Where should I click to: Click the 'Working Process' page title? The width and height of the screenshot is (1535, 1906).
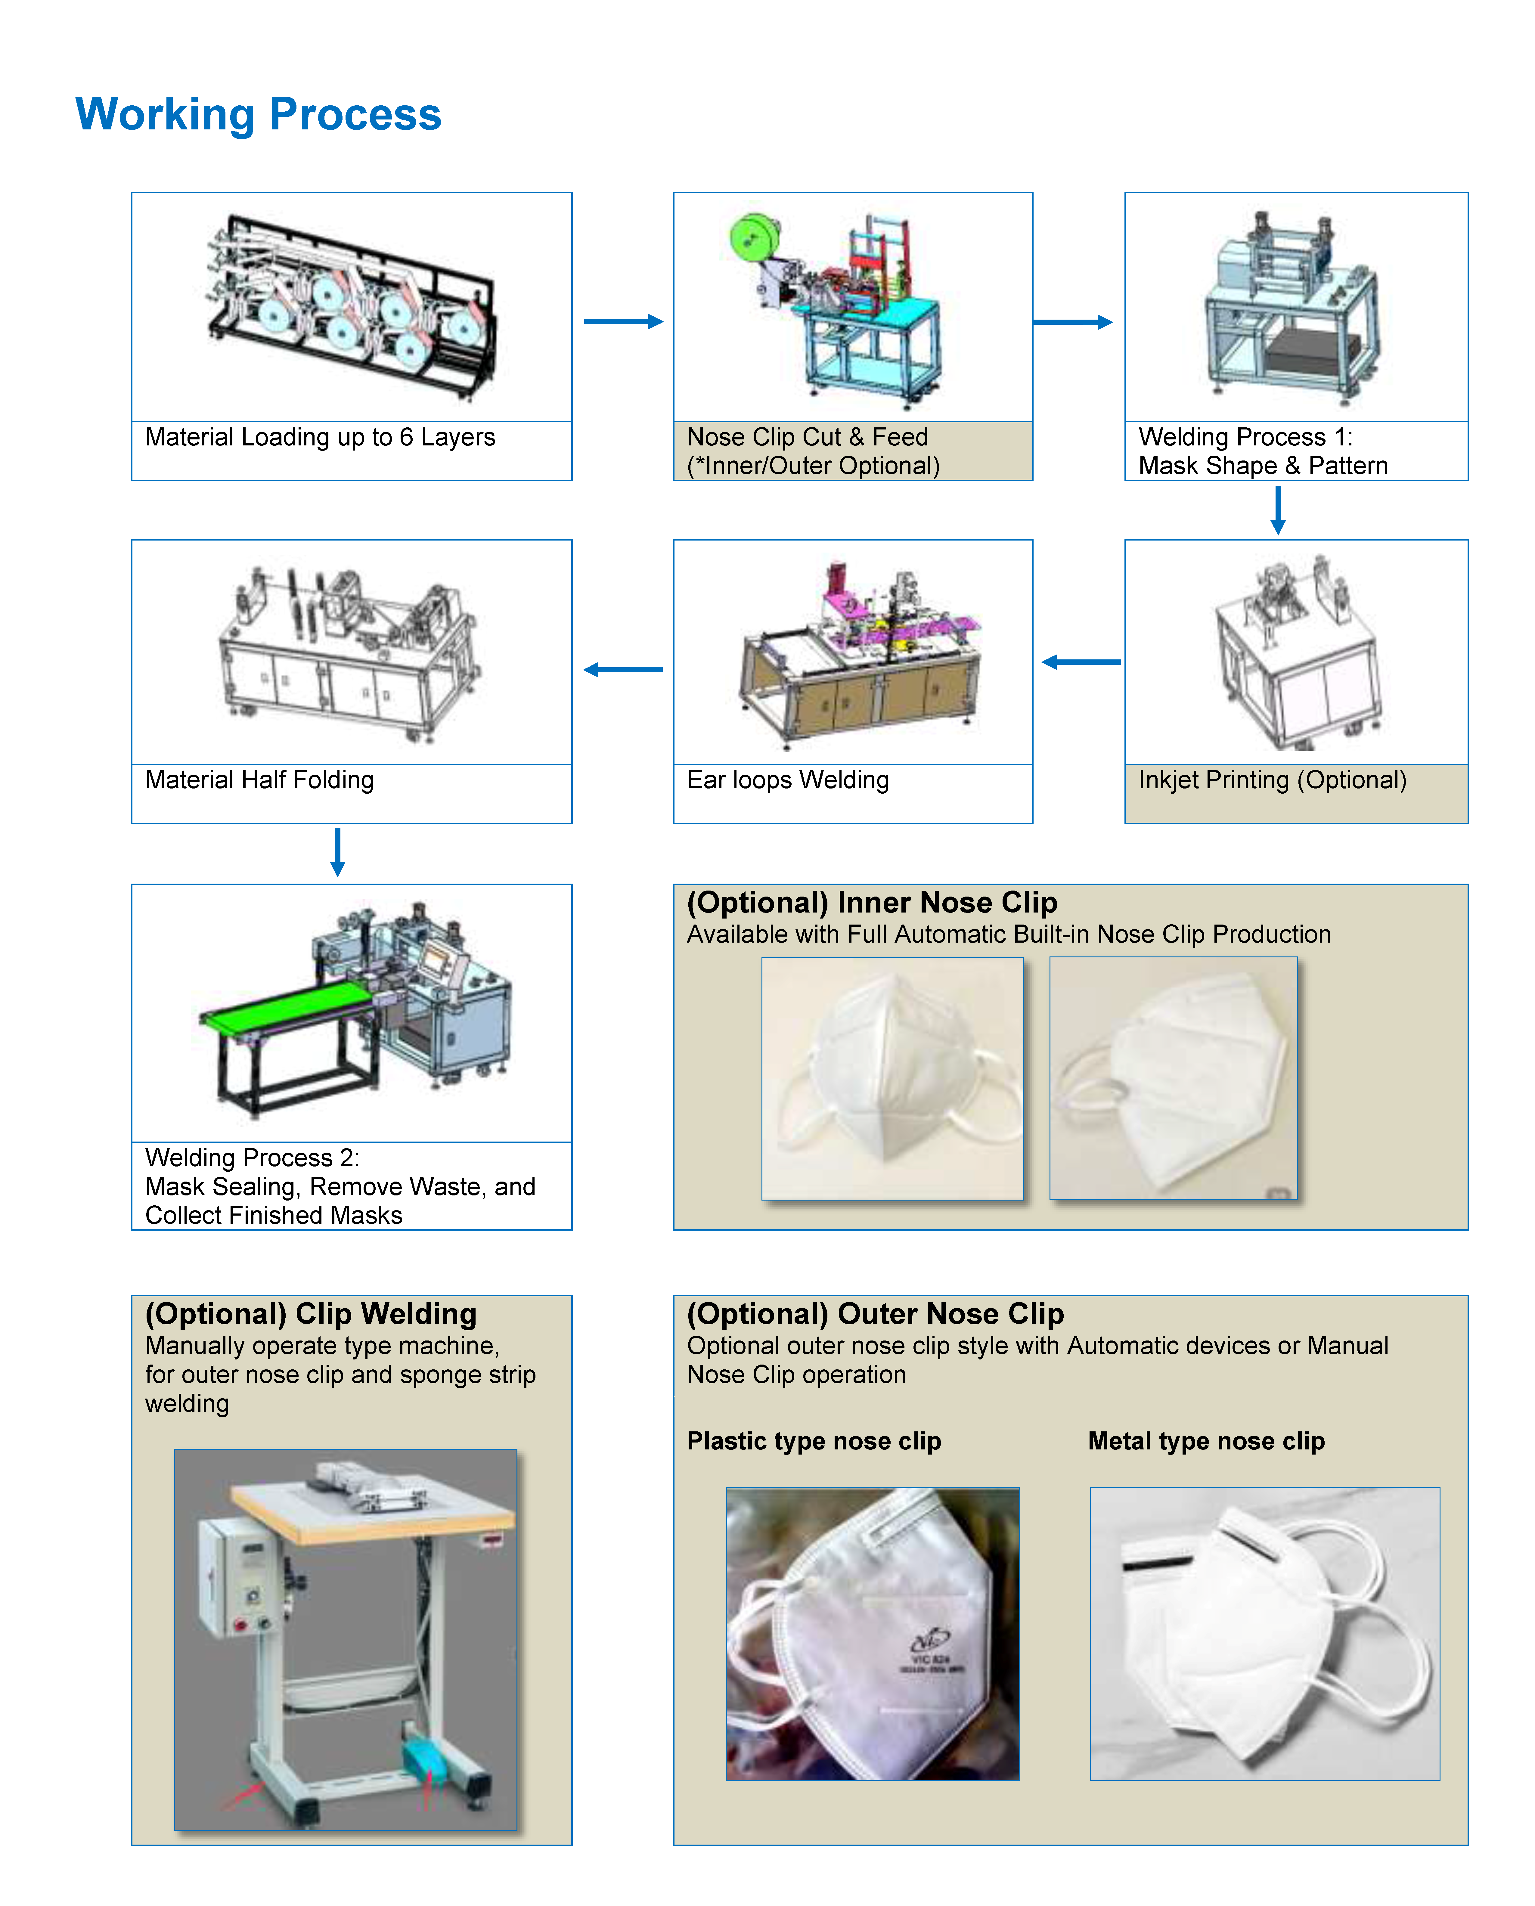click(x=258, y=115)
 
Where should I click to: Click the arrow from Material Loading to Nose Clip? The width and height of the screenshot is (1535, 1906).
click(x=623, y=322)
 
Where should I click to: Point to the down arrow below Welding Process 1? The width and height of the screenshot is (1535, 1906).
click(x=1278, y=510)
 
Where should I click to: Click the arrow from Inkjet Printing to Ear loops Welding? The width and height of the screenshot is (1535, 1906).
click(x=1081, y=662)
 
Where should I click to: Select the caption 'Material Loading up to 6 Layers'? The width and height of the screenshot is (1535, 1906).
click(x=320, y=438)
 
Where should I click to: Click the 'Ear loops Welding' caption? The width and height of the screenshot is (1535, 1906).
click(x=788, y=781)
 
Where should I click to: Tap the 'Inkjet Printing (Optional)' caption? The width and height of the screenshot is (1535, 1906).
click(x=1272, y=781)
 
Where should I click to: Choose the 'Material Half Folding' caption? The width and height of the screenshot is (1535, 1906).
click(x=259, y=781)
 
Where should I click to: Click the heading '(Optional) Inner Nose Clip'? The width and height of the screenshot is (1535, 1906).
click(x=872, y=903)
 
